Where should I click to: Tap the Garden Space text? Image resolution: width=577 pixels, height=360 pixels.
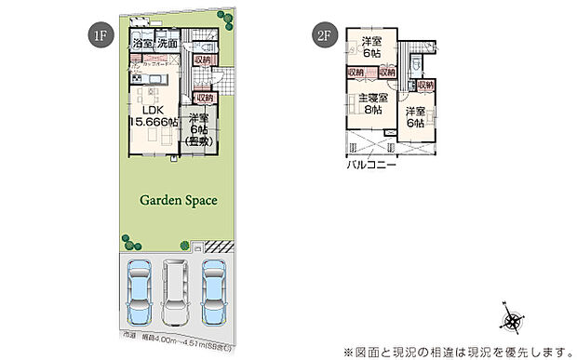coord(178,199)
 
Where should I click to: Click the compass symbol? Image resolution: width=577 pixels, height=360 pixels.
coord(512,320)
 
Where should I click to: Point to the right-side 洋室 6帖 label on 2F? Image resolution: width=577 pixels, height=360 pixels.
coord(416,118)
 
